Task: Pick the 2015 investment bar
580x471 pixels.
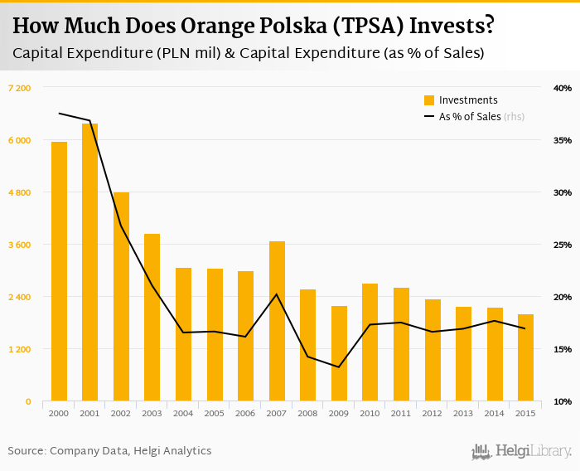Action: [x=526, y=357]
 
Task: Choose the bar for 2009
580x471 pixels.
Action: [x=339, y=353]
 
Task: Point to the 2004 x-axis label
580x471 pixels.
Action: [x=183, y=413]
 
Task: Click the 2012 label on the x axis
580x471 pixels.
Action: [x=433, y=413]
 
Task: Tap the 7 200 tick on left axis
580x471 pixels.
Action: [x=19, y=88]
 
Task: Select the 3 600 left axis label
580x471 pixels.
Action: [x=19, y=245]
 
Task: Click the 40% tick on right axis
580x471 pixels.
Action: [x=562, y=88]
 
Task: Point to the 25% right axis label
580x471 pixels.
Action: [x=562, y=245]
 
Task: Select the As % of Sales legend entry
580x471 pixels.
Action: [x=473, y=117]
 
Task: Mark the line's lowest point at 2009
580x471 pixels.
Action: [x=339, y=367]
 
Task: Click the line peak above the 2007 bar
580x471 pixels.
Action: [x=277, y=294]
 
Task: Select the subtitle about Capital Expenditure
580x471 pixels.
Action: [x=249, y=53]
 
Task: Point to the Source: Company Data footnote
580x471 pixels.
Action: [x=109, y=451]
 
